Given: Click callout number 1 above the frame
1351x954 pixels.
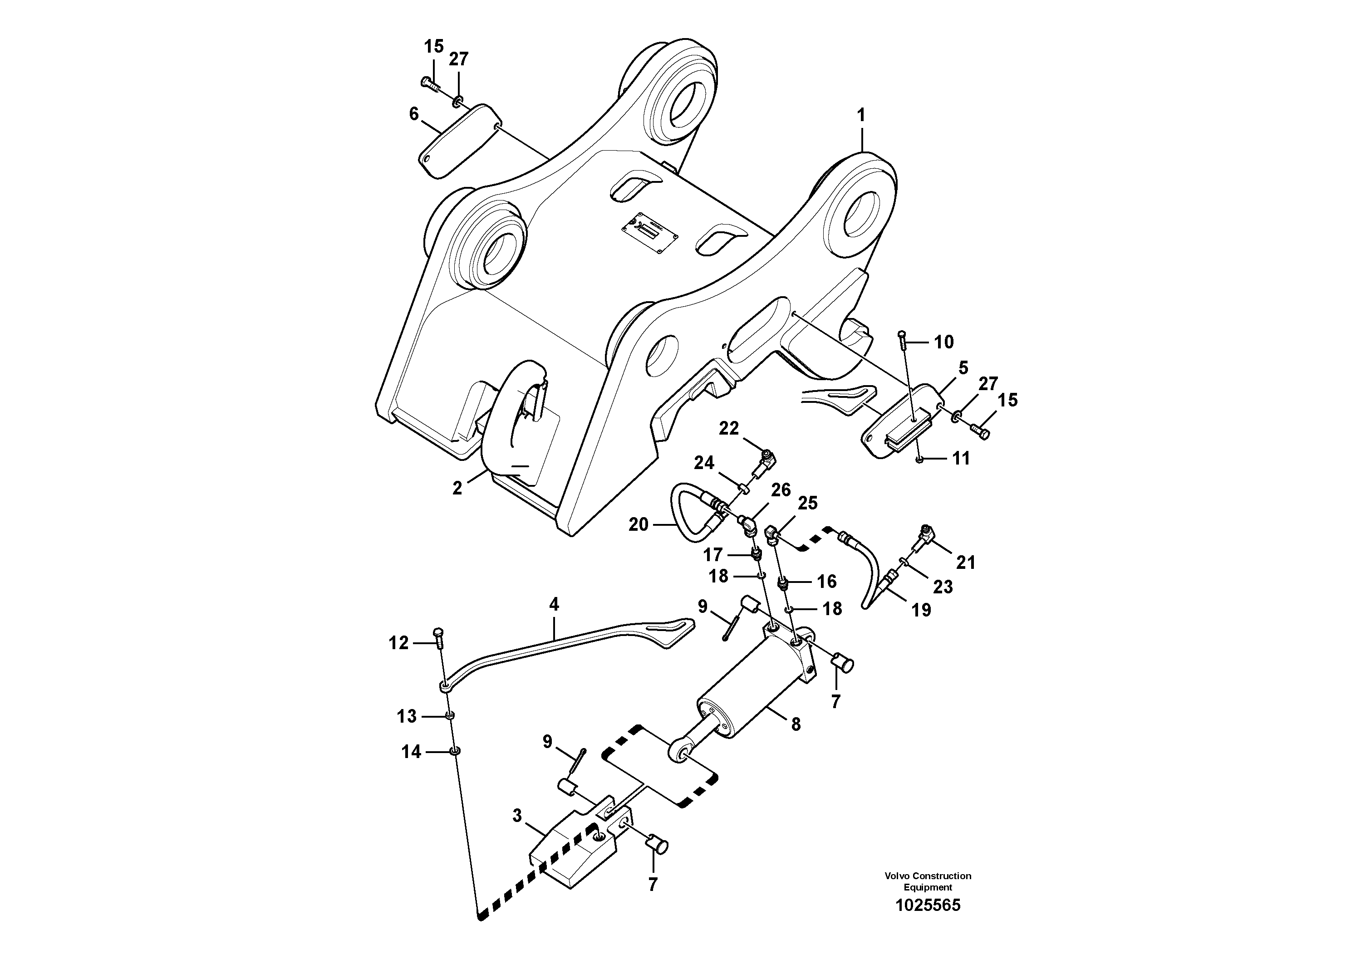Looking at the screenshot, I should point(861,116).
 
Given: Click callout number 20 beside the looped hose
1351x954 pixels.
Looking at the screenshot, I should point(639,524).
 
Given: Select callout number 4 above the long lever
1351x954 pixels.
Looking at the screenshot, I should point(554,605).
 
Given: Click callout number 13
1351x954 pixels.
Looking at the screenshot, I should point(407,716).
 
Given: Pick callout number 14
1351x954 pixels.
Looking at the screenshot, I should point(411,752).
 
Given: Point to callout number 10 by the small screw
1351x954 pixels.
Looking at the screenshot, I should point(944,342).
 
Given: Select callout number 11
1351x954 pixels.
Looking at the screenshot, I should point(961,458).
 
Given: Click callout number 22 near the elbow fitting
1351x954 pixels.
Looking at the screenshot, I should point(728,428).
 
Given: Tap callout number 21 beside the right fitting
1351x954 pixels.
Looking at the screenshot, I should point(966,563).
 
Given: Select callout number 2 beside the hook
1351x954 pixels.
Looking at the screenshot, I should point(457,488).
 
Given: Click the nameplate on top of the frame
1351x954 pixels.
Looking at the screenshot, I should point(651,233).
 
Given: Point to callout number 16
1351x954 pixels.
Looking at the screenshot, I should point(827,582).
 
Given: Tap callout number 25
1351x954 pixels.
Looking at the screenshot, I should point(808,504).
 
